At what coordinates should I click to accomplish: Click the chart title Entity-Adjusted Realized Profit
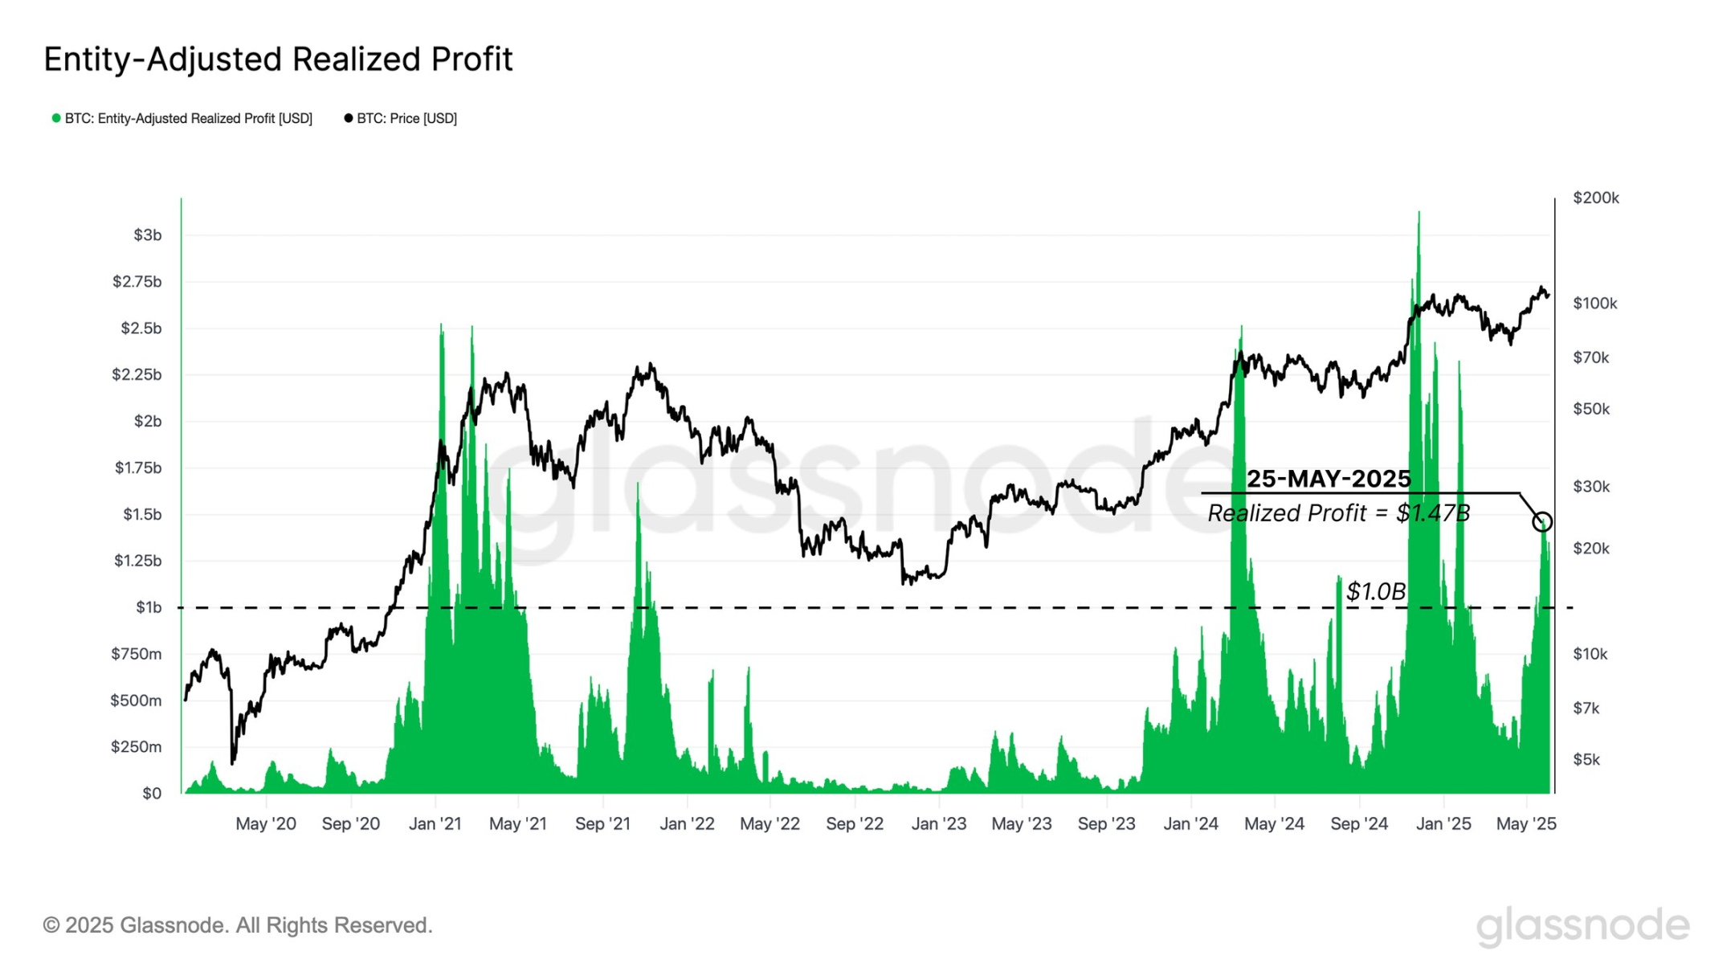[x=278, y=59]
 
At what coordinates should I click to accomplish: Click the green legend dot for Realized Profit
[x=56, y=118]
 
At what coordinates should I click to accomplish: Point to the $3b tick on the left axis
[x=147, y=235]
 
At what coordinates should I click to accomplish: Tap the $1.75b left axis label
[x=138, y=468]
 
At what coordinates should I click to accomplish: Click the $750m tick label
[x=136, y=654]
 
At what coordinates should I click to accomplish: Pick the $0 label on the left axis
[x=151, y=794]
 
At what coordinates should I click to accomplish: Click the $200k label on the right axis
[x=1595, y=198]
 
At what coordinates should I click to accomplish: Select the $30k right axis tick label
[x=1590, y=487]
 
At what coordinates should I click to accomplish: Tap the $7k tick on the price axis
[x=1586, y=709]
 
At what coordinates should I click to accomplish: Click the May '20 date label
[x=266, y=824]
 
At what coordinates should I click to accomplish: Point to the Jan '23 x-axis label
[x=938, y=824]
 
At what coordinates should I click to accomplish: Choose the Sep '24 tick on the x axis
[x=1358, y=824]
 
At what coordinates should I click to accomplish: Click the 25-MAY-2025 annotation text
[x=1328, y=479]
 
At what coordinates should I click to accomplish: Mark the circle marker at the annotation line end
[x=1541, y=522]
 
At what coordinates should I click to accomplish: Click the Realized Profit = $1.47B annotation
[x=1338, y=513]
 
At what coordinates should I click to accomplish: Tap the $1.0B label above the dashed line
[x=1375, y=592]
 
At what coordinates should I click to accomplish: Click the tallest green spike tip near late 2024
[x=1419, y=213]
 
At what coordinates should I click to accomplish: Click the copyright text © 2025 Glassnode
[x=238, y=925]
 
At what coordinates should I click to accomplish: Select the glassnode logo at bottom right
[x=1582, y=925]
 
